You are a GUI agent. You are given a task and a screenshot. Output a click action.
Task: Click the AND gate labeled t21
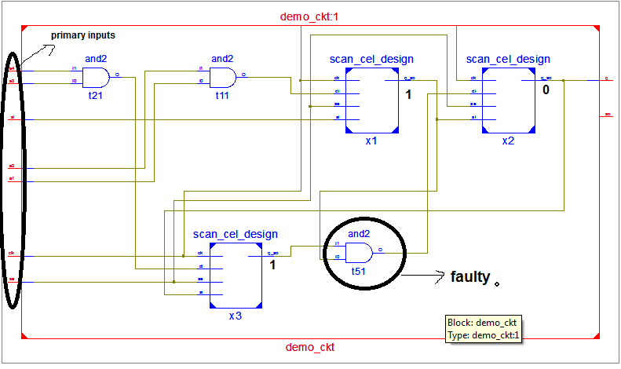coord(96,77)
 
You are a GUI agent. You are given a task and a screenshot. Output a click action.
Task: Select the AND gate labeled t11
coord(223,77)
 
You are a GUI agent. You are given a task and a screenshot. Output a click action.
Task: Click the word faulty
coord(470,277)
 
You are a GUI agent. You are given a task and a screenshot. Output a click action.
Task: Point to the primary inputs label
coord(83,36)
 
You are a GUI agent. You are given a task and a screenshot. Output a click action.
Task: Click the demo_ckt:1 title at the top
coord(309,16)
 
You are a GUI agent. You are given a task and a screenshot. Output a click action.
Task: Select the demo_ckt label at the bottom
coord(309,346)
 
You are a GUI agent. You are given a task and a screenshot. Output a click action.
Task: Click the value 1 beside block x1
coord(409,95)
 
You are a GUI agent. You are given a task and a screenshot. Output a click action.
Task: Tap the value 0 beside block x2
coord(546,91)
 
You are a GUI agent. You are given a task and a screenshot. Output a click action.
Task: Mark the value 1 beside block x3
coord(272,265)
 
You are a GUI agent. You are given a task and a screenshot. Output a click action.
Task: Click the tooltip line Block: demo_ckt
coord(480,323)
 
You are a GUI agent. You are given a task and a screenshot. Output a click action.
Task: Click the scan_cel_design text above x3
coord(236,234)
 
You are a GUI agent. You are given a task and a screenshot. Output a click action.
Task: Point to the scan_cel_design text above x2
coord(508,59)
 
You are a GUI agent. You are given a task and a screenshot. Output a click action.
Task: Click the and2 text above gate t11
coord(222,58)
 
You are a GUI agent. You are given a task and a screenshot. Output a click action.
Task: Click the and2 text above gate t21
coord(95,58)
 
